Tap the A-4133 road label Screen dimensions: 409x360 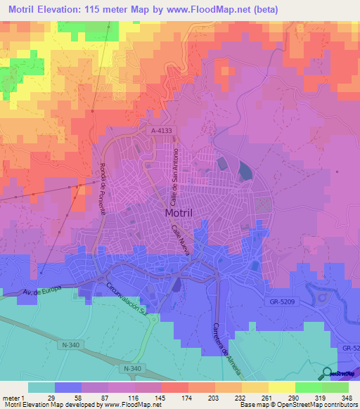(x=160, y=131)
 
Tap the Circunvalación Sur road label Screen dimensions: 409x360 (x=127, y=301)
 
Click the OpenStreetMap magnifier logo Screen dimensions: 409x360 (x=328, y=373)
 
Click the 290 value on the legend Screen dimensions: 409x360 (x=283, y=398)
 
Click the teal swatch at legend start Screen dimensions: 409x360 (x=41, y=387)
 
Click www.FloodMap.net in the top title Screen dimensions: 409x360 (x=212, y=10)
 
